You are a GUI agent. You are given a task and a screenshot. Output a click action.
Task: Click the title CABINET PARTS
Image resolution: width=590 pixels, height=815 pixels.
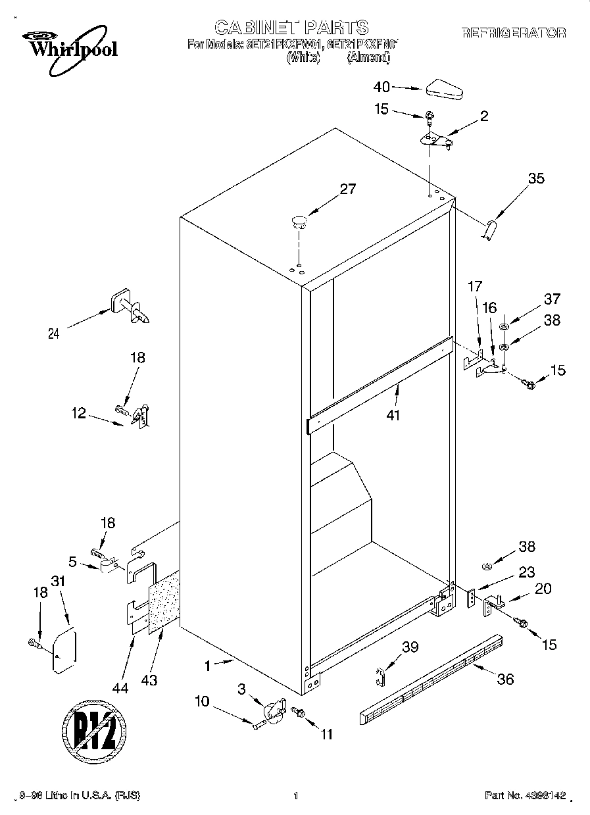point(291,27)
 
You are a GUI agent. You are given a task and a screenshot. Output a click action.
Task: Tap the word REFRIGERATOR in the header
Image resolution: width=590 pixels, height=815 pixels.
point(513,33)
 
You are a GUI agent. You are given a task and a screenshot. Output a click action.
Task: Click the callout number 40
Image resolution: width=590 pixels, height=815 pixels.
point(381,86)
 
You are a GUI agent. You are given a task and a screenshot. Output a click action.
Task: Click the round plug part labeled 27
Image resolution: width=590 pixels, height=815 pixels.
point(299,220)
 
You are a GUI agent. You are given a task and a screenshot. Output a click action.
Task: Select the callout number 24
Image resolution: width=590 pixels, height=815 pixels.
point(54,333)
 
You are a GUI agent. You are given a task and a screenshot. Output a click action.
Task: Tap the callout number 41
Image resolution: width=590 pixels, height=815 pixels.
point(394,415)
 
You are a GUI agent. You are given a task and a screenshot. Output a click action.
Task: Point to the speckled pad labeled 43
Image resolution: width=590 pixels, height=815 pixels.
point(164,603)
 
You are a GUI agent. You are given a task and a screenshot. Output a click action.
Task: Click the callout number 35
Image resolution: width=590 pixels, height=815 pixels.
point(536,178)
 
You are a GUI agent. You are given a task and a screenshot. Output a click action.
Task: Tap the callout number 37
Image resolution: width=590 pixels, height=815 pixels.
point(551,299)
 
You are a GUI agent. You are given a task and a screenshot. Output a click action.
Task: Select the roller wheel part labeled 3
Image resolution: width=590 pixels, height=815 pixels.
point(273,712)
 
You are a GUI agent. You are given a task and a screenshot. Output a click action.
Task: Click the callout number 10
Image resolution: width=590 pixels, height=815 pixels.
point(202,702)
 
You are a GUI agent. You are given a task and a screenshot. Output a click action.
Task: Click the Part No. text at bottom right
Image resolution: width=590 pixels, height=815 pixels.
point(525,795)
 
